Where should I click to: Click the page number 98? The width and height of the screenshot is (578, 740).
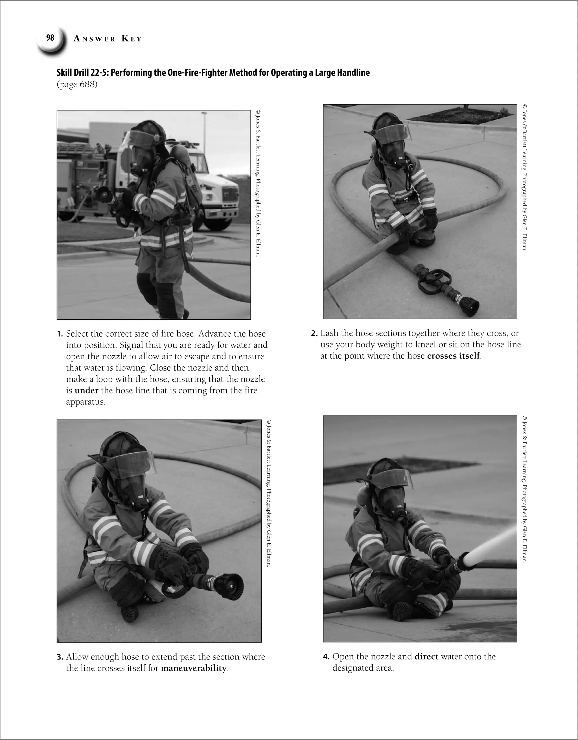[x=50, y=38]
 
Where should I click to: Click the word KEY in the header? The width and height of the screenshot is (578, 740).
[x=132, y=39]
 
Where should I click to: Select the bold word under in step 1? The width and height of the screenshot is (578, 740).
[x=86, y=390]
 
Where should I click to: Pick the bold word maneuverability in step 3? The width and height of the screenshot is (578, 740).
[x=193, y=668]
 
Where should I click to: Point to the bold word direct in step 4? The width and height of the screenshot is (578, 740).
[x=426, y=656]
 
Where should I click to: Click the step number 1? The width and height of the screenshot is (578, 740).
[x=60, y=334]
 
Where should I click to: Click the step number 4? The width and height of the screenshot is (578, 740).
[x=326, y=657]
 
